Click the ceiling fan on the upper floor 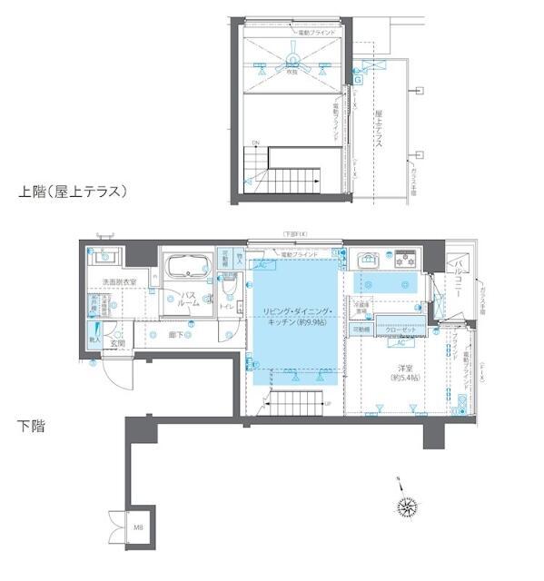click(x=292, y=62)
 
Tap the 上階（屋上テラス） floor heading click(x=72, y=192)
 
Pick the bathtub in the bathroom click(x=188, y=270)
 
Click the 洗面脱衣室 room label click(x=119, y=282)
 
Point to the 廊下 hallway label click(x=175, y=334)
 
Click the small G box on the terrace click(x=358, y=80)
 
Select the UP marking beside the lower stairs click(x=327, y=403)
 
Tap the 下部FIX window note click(x=295, y=235)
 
